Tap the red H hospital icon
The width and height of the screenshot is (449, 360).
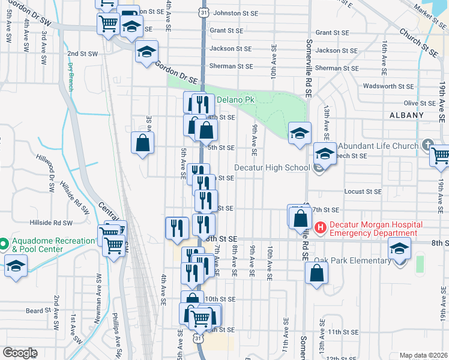[320, 228]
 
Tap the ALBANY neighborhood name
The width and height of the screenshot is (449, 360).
[406, 115]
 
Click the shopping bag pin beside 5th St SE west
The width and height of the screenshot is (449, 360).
[142, 143]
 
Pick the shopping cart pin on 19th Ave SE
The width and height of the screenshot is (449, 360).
[440, 155]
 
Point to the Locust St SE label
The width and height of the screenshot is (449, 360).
[364, 192]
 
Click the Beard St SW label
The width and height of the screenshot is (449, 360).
[39, 311]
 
